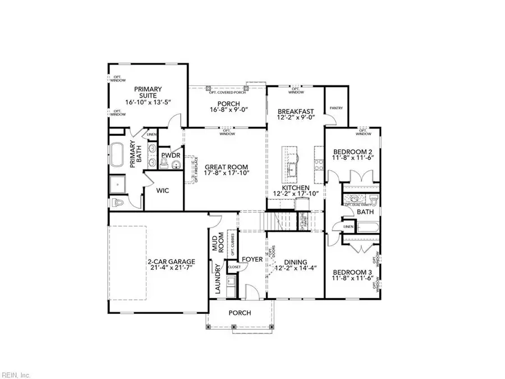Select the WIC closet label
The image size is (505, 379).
pos(163,191)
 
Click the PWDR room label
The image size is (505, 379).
pos(170,155)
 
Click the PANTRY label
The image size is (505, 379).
pos(337,108)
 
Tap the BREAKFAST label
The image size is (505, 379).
pos(296,111)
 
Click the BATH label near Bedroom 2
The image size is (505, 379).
pos(366,212)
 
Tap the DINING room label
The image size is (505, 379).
pos(295,262)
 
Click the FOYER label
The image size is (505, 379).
pos(252,259)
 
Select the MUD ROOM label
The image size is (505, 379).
pos(218,244)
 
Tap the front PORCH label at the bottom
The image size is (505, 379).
pos(240,313)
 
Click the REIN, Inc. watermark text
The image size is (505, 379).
pos(16,375)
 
